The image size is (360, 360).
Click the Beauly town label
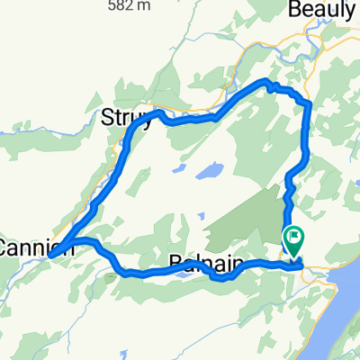tap(321, 12)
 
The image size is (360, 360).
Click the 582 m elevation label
tap(141, 3)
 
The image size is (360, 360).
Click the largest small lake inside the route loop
tap(211, 171)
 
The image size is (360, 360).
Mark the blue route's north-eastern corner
tap(309, 105)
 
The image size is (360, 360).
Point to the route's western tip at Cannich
tap(51, 256)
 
